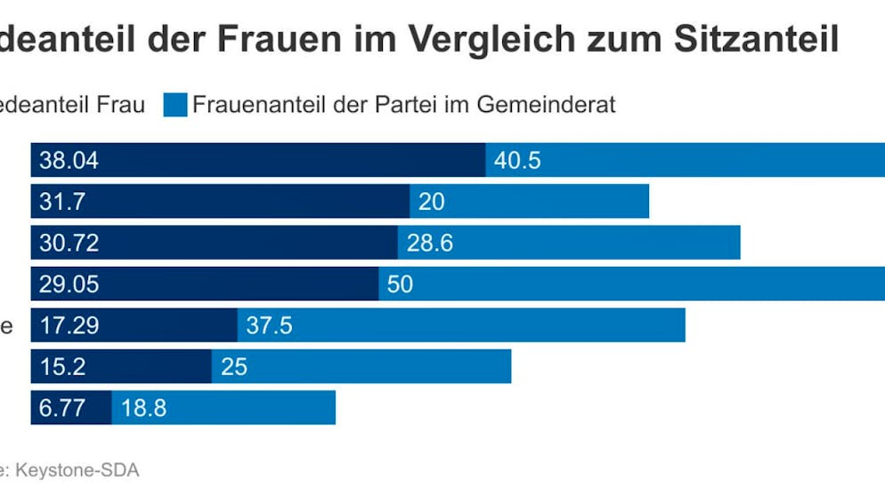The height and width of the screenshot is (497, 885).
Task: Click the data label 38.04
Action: point(68,161)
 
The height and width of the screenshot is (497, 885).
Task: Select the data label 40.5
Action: point(517,161)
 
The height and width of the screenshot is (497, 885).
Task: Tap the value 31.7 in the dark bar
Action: point(62,202)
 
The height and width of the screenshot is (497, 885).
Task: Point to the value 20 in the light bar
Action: point(431,202)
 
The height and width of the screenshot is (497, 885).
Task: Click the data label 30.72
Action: point(68,243)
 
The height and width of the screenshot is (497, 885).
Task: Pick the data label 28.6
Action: point(429,243)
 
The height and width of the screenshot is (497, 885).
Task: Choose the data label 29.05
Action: point(68,285)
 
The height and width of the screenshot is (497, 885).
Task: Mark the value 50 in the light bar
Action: point(401,285)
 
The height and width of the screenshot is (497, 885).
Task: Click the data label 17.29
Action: point(68,325)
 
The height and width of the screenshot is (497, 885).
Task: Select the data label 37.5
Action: point(269,325)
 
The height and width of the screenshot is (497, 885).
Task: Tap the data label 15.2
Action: point(62,366)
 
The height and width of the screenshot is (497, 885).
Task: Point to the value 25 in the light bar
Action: point(233,366)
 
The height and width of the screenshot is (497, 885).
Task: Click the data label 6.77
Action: point(62,408)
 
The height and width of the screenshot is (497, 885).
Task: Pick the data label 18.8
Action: point(143,408)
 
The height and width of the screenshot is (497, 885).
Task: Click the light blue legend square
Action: point(175,105)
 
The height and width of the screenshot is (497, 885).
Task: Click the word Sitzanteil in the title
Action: point(756,40)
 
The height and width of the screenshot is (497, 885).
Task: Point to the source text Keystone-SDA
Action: point(77,470)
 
